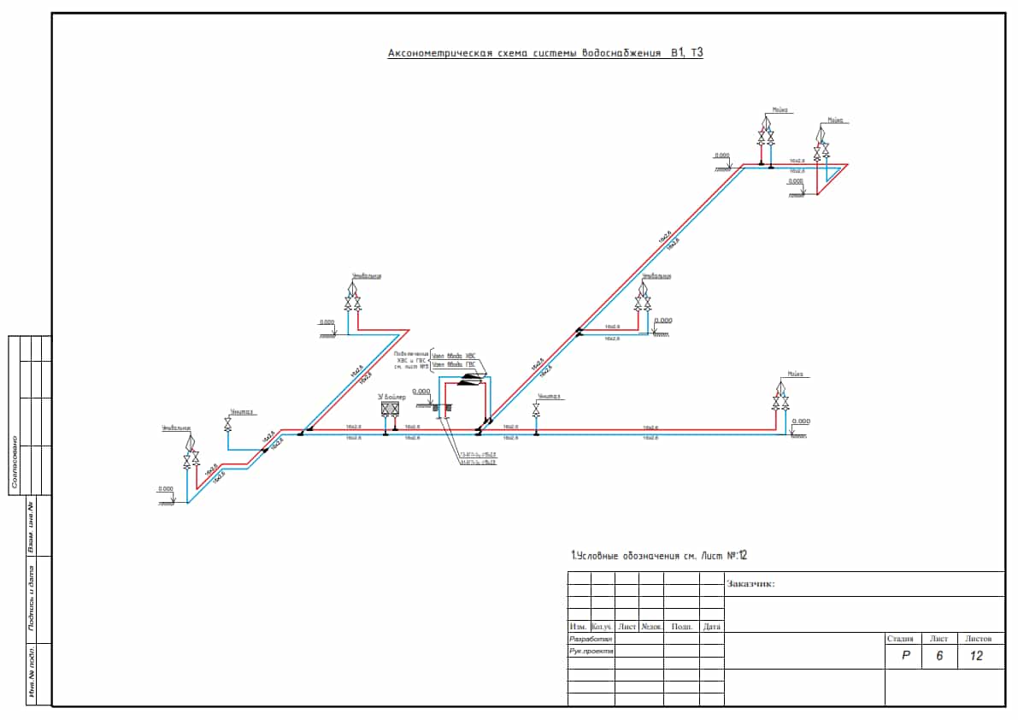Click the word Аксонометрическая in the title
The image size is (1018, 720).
[x=439, y=53]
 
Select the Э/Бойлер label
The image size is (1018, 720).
[x=393, y=397]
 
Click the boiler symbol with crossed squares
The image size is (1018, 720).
[x=391, y=410]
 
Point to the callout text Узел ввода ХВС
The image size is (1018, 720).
[x=453, y=356]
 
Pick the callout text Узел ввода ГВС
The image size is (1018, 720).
[x=453, y=364]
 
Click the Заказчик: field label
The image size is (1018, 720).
[x=750, y=585]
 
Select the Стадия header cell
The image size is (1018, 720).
[x=900, y=639]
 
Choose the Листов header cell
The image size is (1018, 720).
[x=978, y=639]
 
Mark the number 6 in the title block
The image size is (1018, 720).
[x=939, y=656]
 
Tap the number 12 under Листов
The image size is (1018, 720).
[x=977, y=656]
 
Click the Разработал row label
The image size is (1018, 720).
[x=591, y=639]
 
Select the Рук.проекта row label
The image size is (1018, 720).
[x=591, y=651]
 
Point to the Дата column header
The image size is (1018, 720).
[x=711, y=627]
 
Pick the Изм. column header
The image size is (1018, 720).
[x=579, y=627]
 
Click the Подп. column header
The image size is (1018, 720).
[x=681, y=627]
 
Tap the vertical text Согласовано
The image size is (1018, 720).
[x=15, y=463]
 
